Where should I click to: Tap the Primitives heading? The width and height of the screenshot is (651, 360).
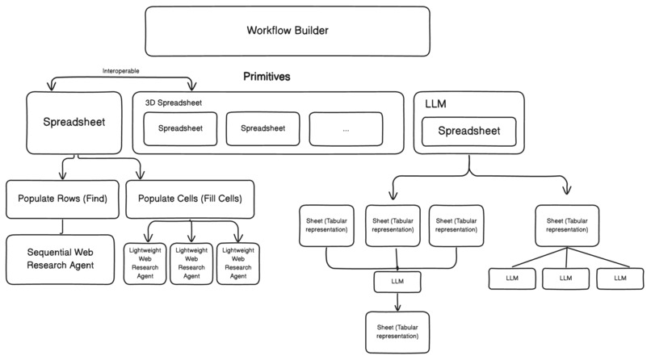pyautogui.click(x=267, y=77)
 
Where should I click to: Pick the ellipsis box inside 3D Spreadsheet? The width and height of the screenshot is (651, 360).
pyautogui.click(x=346, y=128)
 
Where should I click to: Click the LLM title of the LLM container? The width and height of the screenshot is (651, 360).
pyautogui.click(x=435, y=103)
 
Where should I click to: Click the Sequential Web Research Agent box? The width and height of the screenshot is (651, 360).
pyautogui.click(x=61, y=259)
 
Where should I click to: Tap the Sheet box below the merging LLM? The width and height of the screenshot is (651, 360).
pyautogui.click(x=397, y=331)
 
